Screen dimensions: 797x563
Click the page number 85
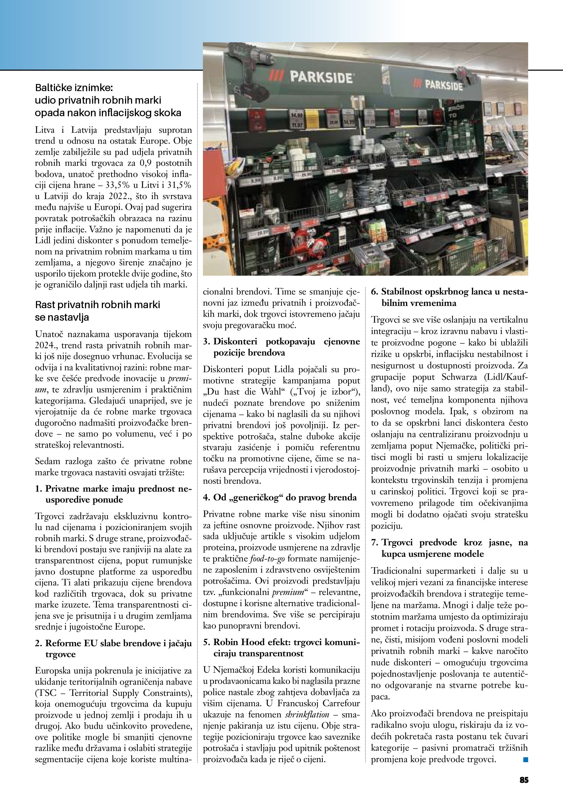pos(524,780)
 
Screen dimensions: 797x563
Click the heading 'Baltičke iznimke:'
pos(74,88)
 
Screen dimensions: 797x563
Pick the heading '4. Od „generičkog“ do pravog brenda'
pos(279,497)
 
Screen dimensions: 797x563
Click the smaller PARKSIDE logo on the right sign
pos(440,84)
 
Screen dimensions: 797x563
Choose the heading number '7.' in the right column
pos(375,542)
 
